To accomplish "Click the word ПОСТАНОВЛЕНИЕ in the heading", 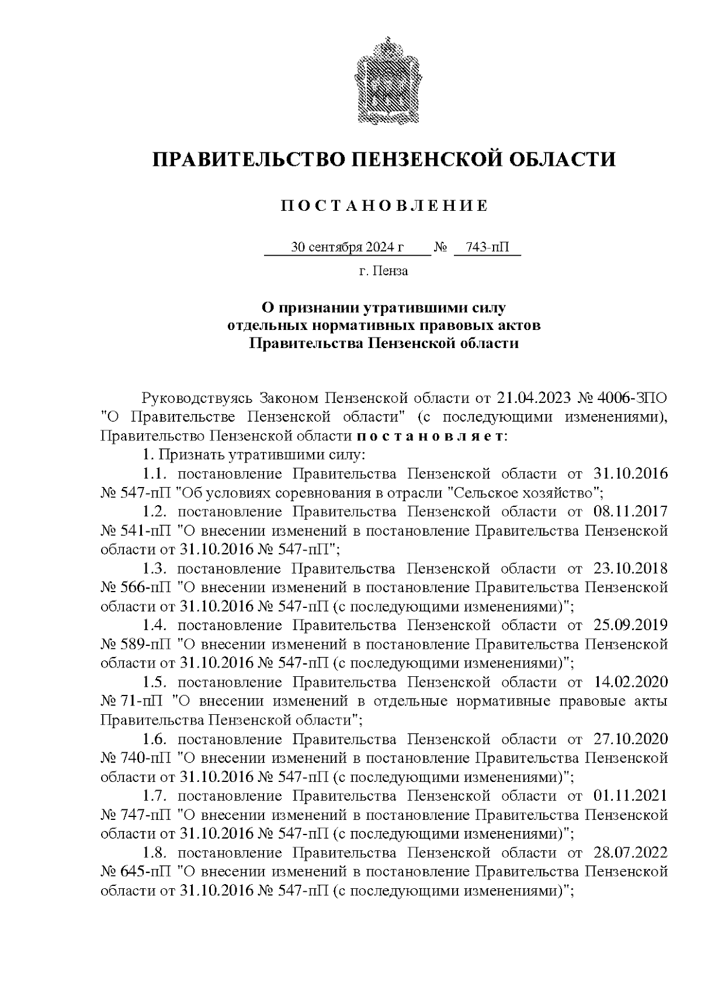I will pyautogui.click(x=384, y=206).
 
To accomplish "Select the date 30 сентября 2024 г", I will pyautogui.click(x=348, y=247).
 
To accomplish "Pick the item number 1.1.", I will pyautogui.click(x=155, y=474).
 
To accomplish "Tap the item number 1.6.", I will pyautogui.click(x=155, y=739).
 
